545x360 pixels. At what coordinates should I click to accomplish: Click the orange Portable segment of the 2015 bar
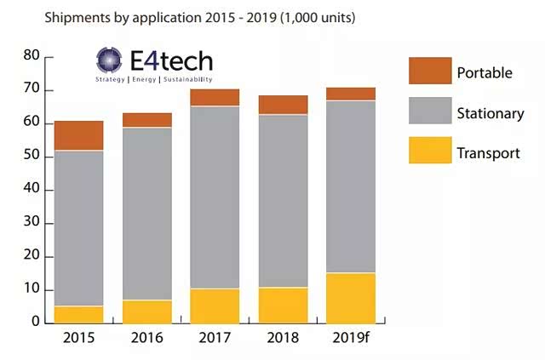point(78,135)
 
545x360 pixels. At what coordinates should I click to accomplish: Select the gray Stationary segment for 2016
point(147,213)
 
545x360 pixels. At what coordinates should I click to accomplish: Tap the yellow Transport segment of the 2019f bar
point(351,297)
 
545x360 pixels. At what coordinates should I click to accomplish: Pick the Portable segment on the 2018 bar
point(283,105)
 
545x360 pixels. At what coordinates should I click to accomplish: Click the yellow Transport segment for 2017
point(215,306)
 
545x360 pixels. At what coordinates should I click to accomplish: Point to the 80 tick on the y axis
point(32,56)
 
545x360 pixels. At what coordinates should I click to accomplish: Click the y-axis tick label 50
point(32,157)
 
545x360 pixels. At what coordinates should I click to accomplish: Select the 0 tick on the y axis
point(36,323)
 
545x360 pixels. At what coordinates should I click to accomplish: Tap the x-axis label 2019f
point(351,338)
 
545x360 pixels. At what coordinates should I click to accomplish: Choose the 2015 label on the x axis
point(78,338)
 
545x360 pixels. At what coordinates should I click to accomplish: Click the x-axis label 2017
point(215,338)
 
